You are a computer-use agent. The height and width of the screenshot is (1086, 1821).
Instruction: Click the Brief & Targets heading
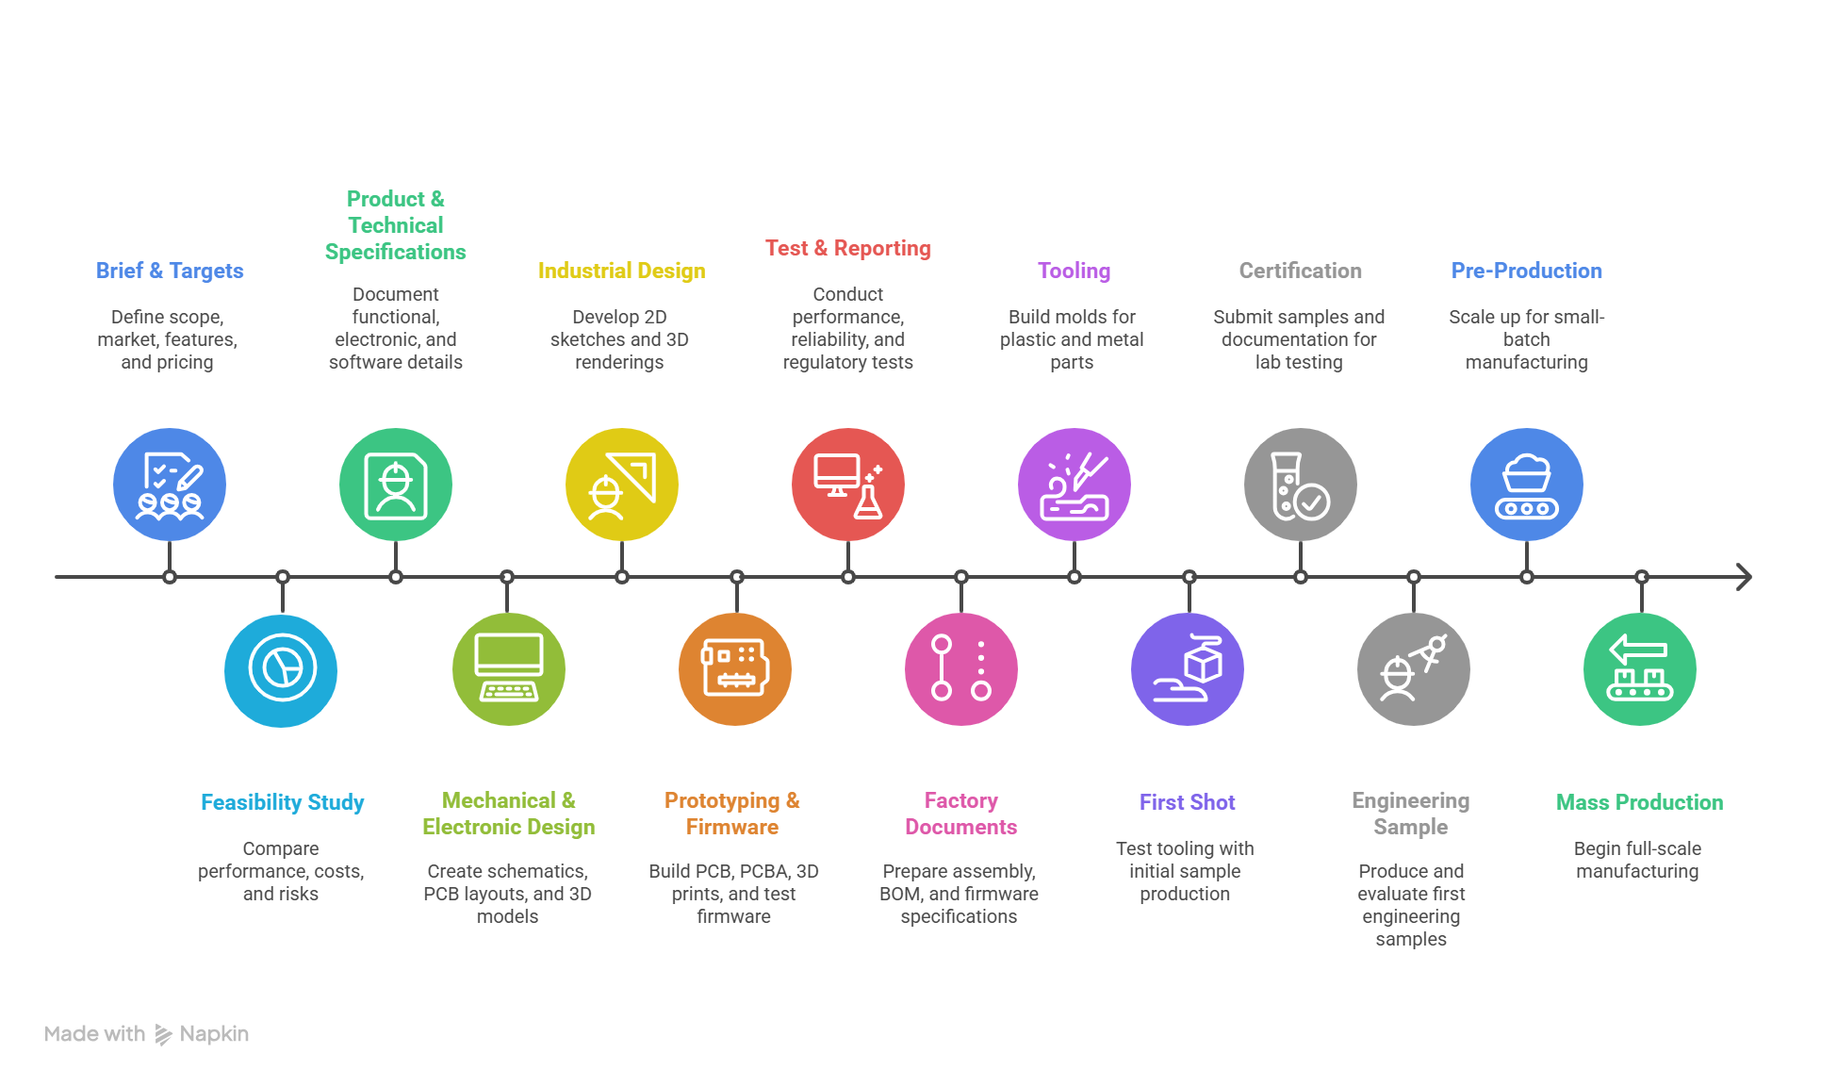tap(170, 271)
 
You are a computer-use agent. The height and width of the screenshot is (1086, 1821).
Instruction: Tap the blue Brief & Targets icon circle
tap(170, 485)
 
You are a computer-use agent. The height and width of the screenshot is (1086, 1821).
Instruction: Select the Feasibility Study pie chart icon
tap(281, 669)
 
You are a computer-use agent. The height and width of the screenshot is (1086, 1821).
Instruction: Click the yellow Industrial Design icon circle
tap(622, 485)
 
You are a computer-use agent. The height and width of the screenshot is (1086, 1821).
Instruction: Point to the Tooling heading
tap(1074, 271)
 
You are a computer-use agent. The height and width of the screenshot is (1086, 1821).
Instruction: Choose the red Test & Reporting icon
tap(848, 485)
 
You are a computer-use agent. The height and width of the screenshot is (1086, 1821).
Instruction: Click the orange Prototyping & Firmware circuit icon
tap(735, 669)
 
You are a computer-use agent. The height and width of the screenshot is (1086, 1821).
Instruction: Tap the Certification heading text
tap(1300, 271)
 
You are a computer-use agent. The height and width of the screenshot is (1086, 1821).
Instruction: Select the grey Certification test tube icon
tap(1301, 485)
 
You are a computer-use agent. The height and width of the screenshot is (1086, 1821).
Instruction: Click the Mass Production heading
tap(1639, 802)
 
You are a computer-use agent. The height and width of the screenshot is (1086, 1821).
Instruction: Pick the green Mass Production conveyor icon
tap(1640, 669)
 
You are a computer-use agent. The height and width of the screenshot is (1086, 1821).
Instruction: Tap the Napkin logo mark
tap(163, 1035)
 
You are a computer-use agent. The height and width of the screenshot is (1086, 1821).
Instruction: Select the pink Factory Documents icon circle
tap(961, 669)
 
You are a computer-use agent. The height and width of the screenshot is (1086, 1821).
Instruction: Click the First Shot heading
tap(1187, 802)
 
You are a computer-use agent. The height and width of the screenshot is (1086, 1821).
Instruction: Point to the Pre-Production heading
tap(1526, 271)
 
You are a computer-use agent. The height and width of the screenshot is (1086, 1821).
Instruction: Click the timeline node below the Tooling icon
tap(1075, 577)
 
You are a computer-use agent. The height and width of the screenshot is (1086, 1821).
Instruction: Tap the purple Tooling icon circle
tap(1075, 485)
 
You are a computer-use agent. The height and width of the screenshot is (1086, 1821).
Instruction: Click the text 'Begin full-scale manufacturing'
tap(1637, 860)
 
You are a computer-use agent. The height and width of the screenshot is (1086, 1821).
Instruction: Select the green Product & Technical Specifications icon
tap(396, 485)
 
